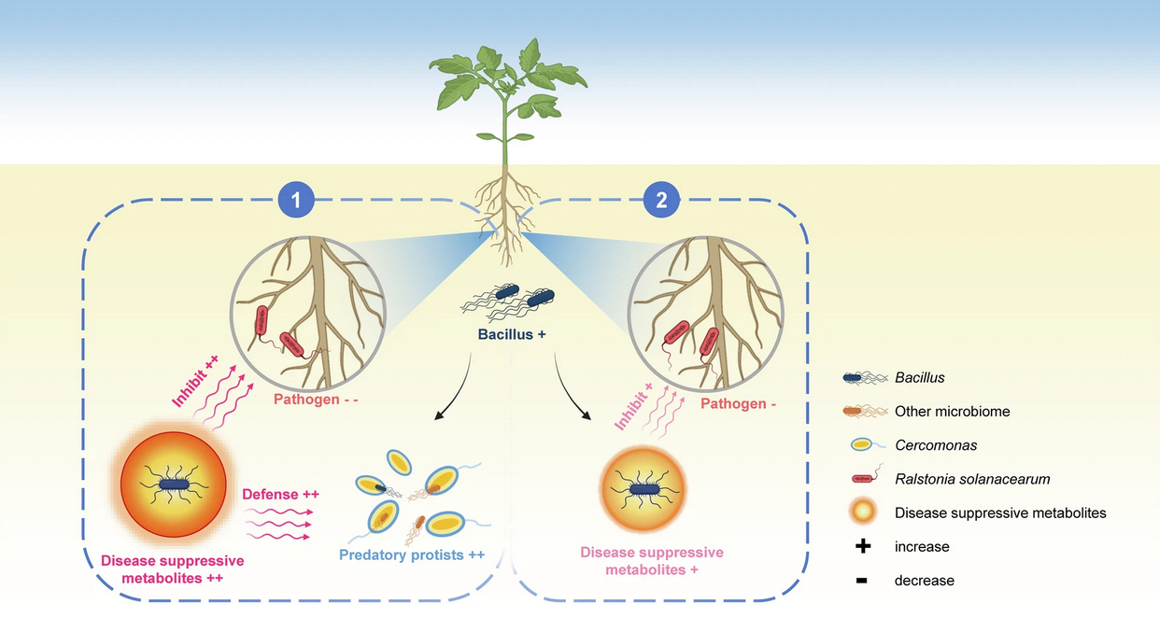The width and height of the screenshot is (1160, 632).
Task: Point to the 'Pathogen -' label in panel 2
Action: [739, 404]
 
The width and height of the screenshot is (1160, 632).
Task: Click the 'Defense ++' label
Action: [280, 495]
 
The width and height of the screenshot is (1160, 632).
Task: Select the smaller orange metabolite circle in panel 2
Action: [643, 488]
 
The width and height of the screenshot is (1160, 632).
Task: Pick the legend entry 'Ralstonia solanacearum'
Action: [972, 479]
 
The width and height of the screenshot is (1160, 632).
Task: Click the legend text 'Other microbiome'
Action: [952, 411]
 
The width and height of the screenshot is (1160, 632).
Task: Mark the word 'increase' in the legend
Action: [922, 546]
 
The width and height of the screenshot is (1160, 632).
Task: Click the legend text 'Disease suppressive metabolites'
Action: [1000, 513]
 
